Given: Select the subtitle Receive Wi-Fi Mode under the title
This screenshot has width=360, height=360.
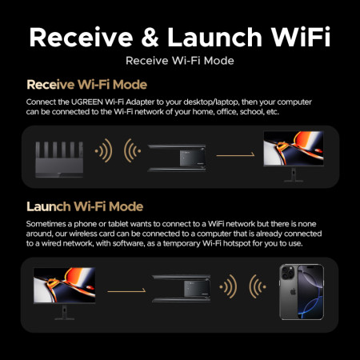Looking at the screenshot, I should [179, 60].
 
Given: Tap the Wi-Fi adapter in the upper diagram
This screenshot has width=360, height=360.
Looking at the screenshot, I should [177, 151].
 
